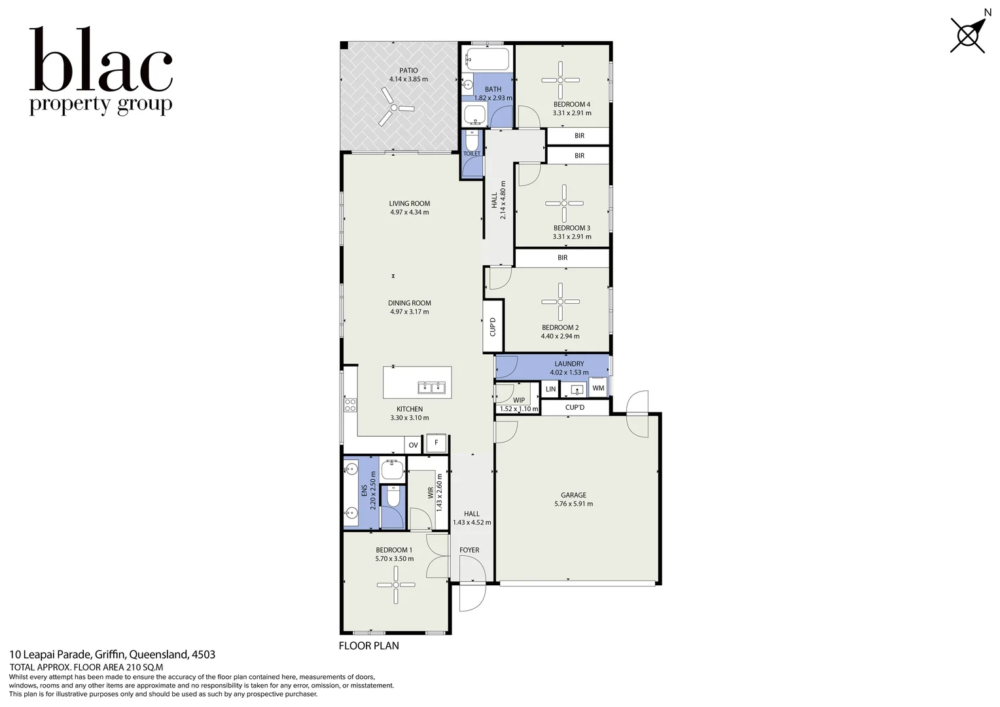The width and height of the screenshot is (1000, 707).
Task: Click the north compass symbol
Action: click(968, 36)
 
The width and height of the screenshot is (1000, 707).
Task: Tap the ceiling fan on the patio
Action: click(394, 107)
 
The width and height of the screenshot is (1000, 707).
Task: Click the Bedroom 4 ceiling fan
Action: click(561, 81)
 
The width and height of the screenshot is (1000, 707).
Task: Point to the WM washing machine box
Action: click(598, 388)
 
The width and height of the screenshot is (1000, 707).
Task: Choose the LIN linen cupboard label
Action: click(550, 389)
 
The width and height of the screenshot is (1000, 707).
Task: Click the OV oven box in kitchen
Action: click(413, 445)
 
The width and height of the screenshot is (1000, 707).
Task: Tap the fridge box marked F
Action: click(436, 443)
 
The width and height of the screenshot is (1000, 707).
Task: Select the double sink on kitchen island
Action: click(431, 388)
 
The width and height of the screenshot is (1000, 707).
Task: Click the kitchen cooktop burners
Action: click(350, 405)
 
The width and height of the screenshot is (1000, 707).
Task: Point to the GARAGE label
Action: click(574, 495)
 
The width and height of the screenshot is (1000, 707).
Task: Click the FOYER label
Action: click(469, 550)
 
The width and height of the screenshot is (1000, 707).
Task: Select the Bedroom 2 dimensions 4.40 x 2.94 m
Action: click(560, 336)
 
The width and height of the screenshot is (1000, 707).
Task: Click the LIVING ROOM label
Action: click(410, 203)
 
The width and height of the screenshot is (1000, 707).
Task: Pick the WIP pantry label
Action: click(519, 400)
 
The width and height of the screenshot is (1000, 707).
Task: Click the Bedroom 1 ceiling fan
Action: click(396, 585)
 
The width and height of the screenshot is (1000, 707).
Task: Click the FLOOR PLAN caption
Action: click(368, 645)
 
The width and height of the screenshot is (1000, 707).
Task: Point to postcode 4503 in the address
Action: click(204, 655)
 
